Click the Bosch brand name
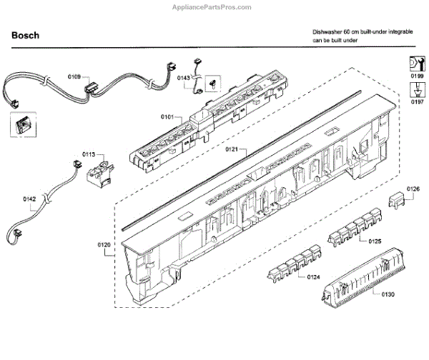coord(26,35)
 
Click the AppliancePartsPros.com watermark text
coord(214,6)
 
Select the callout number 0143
coord(182,76)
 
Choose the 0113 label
coord(89,153)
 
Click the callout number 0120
coord(104,246)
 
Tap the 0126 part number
coord(413,189)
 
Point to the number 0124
coord(314,276)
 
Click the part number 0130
coord(388,294)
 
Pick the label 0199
coord(416,75)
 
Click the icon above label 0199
coord(416,62)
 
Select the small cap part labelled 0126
coord(398,198)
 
